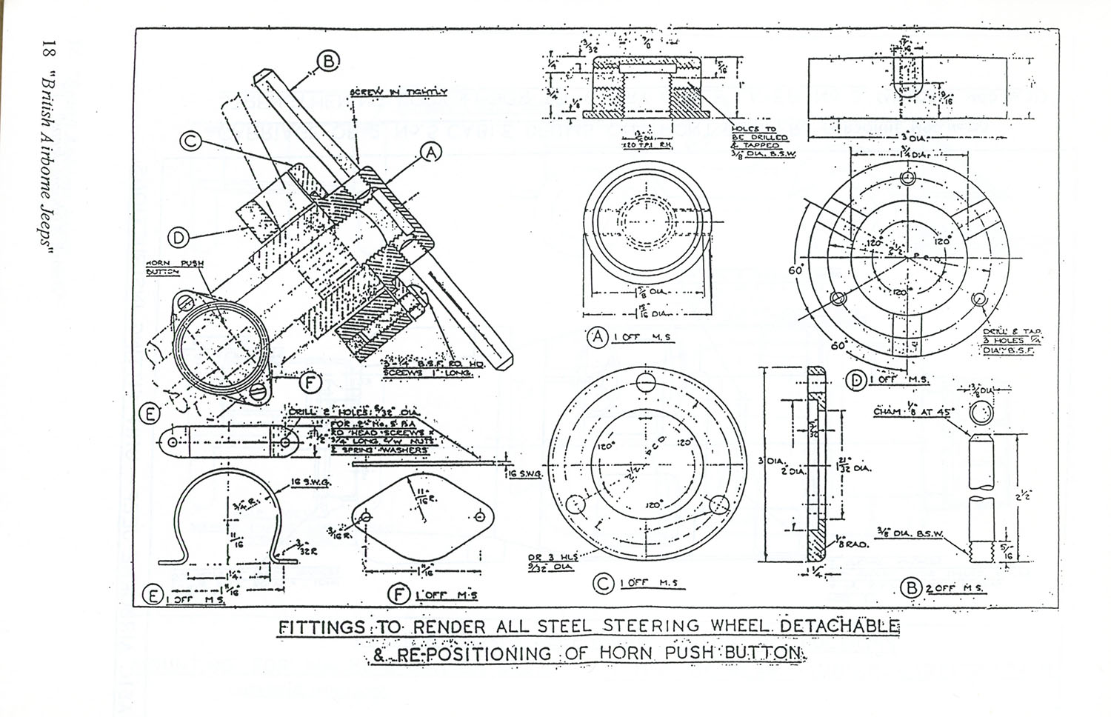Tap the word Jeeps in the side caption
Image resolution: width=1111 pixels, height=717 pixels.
(x=48, y=227)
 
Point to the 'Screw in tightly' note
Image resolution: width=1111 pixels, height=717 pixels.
(x=398, y=93)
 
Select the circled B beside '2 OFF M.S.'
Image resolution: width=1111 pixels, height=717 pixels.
(x=909, y=588)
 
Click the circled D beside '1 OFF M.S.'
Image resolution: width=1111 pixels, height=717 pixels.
(x=856, y=381)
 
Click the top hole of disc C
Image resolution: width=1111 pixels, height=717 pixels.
(x=647, y=383)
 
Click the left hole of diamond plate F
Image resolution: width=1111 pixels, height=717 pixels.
(x=367, y=516)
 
